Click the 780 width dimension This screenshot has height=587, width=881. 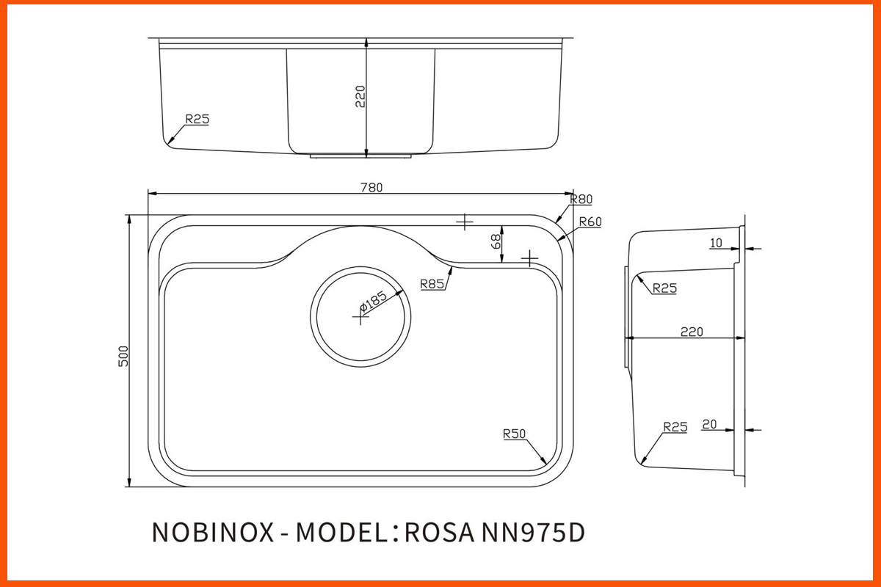point(371,187)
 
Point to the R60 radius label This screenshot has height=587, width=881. point(590,222)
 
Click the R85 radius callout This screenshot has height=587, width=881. point(432,284)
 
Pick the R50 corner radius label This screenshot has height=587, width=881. point(515,434)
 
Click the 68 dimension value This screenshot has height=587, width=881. point(496,242)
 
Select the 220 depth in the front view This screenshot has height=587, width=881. point(360,97)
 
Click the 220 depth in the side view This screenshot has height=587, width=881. point(691,332)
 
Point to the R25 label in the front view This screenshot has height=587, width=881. point(197,118)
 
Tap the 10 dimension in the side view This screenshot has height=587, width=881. point(716,243)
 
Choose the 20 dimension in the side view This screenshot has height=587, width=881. point(709,423)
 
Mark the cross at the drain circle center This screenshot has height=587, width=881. point(360,316)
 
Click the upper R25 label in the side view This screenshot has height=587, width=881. point(664,288)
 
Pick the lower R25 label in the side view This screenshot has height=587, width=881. point(675,426)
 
